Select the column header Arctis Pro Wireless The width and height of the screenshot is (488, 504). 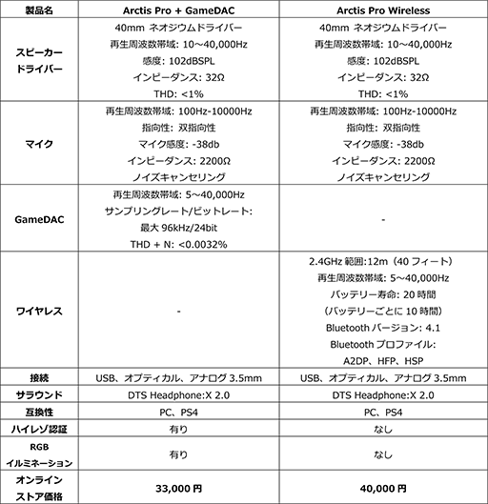381,10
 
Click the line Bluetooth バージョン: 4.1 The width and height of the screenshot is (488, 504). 381,327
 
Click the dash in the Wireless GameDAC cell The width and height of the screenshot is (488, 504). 381,219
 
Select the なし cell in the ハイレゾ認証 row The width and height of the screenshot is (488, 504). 381,431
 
